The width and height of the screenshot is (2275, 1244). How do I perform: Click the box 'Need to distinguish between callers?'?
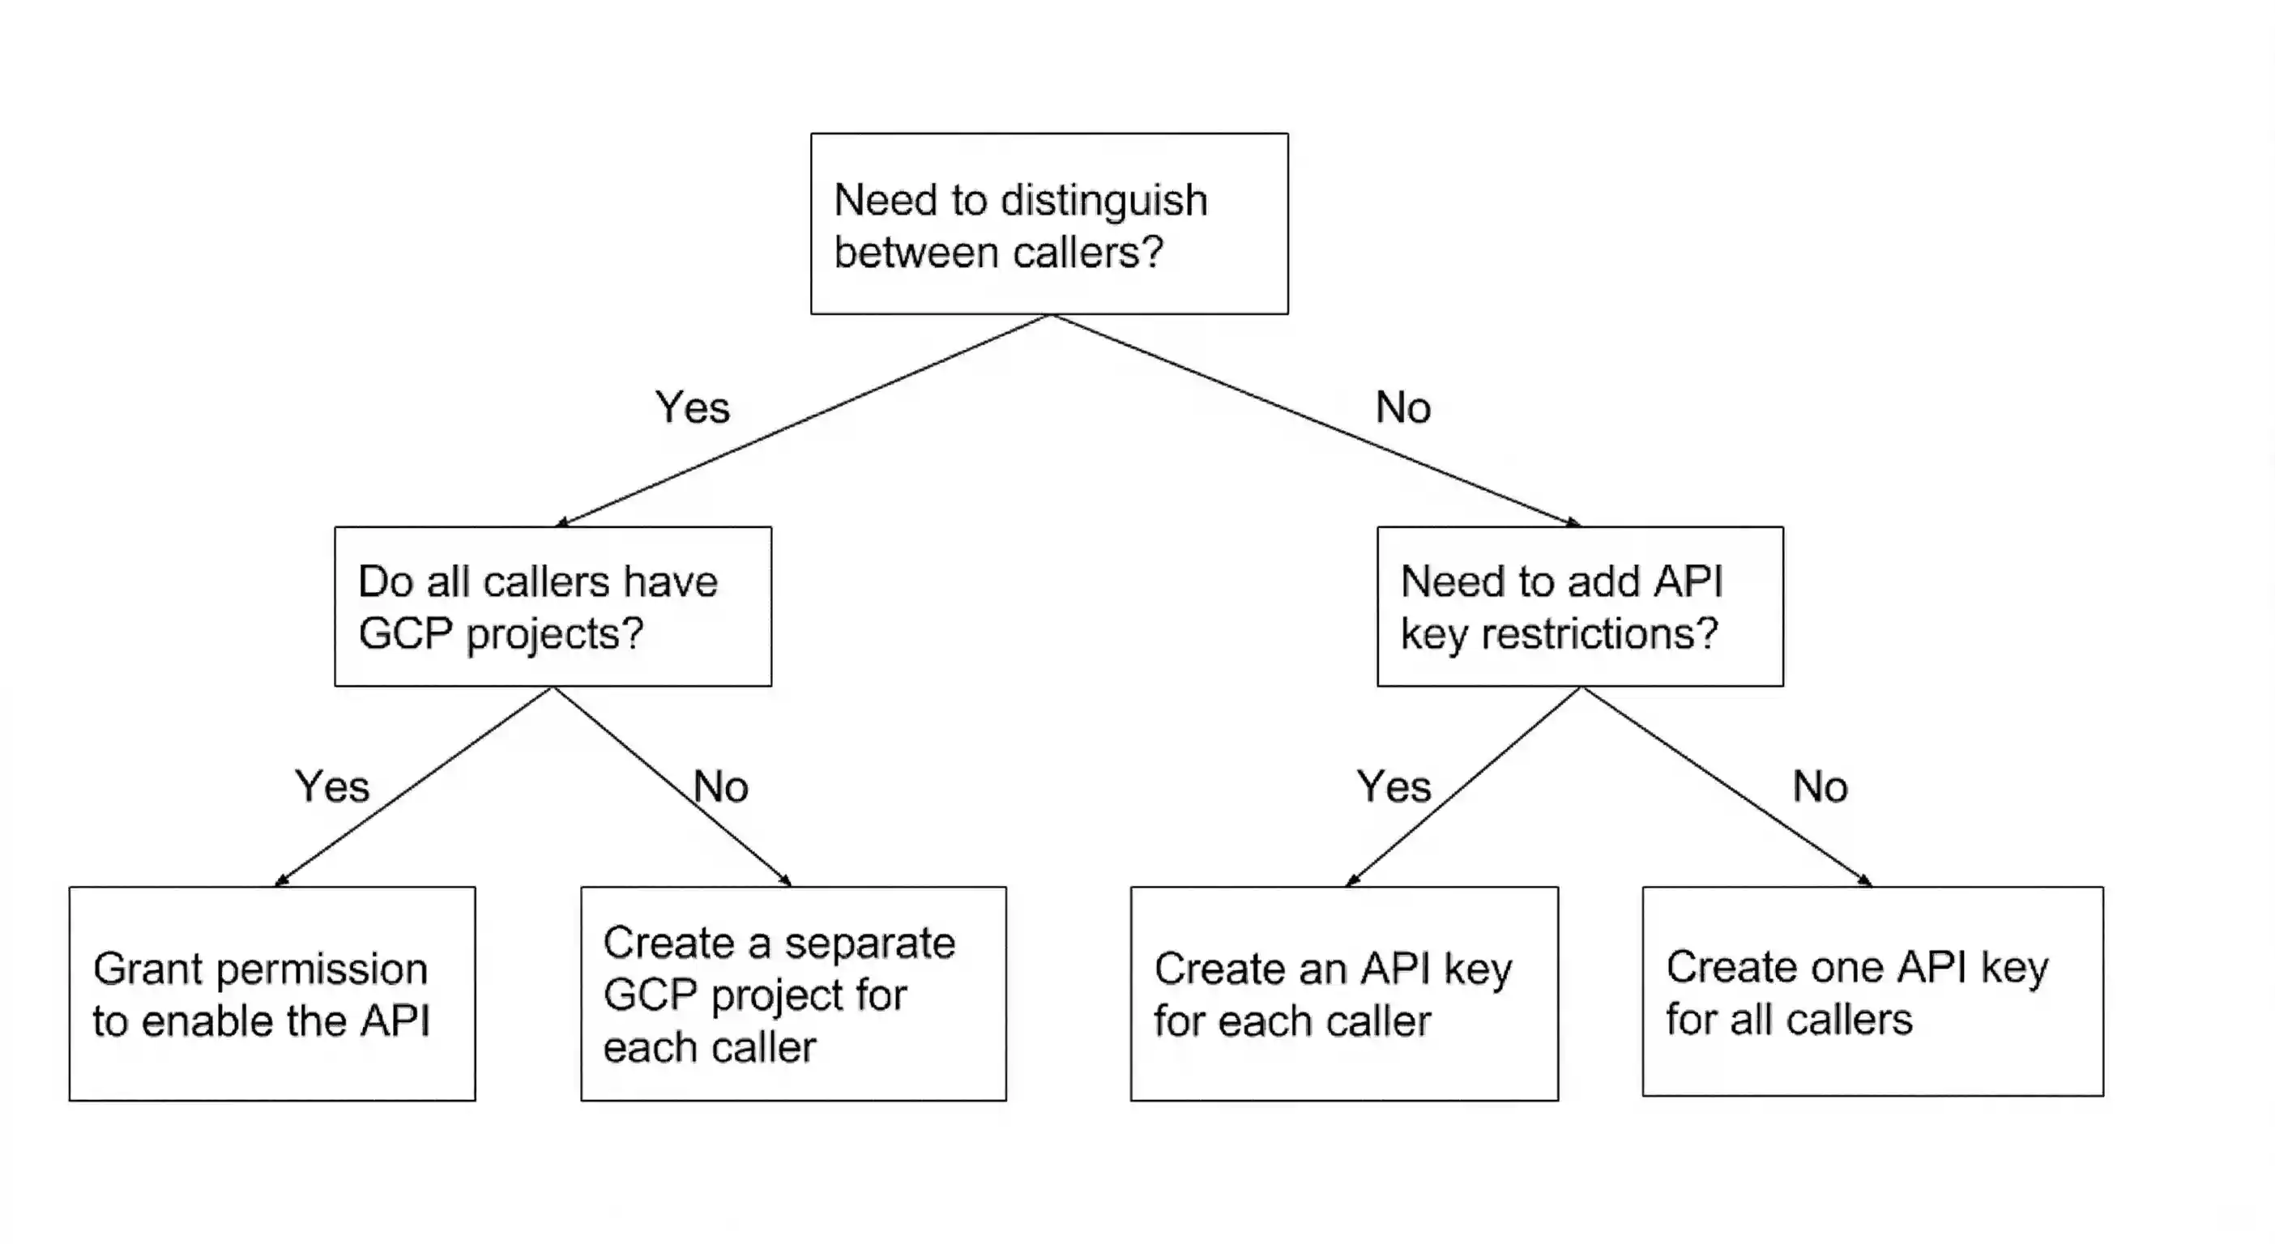pos(1049,224)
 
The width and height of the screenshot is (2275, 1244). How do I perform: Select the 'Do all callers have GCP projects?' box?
pos(553,607)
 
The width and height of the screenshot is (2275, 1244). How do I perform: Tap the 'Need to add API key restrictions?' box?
pos(1580,607)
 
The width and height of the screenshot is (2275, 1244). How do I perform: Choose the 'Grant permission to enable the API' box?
pos(272,993)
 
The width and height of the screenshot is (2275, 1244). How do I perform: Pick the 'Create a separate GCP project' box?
pos(793,993)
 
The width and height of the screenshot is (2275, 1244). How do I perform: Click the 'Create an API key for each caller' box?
pos(1344,993)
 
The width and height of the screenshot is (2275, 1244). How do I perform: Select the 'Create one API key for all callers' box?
pos(1872,991)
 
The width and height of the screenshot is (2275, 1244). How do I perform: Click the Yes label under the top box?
pos(693,408)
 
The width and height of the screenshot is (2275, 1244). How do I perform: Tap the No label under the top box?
pos(1402,408)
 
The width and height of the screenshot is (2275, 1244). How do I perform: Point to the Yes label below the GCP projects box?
pos(332,786)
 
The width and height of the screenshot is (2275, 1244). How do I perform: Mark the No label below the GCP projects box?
pos(720,786)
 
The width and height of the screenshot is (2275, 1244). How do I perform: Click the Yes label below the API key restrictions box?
pos(1394,786)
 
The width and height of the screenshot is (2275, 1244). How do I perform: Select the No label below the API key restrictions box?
pos(1820,786)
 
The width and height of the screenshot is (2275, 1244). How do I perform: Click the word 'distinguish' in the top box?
pos(1104,200)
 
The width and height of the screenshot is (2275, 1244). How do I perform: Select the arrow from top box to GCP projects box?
pos(804,420)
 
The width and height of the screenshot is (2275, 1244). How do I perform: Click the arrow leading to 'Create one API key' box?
pos(1727,786)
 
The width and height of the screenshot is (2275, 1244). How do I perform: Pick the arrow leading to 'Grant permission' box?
pos(413,786)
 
